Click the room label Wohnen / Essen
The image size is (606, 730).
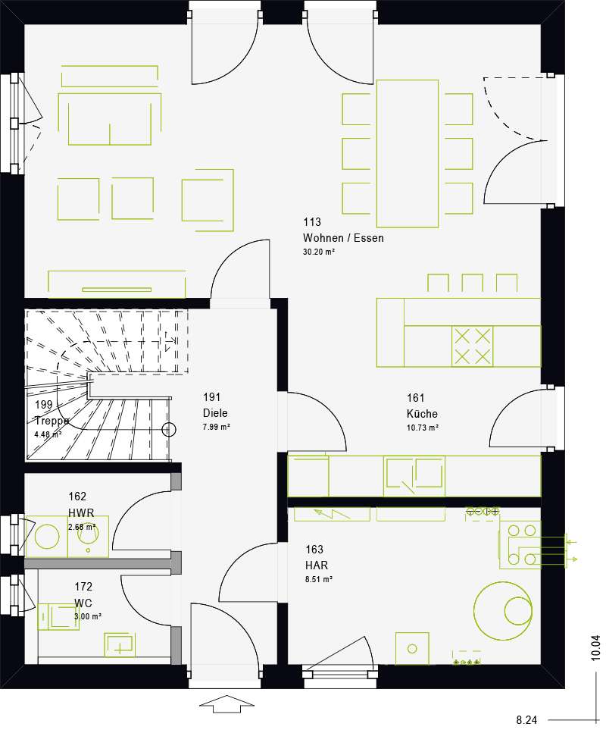point(343,238)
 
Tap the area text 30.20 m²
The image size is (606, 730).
point(319,252)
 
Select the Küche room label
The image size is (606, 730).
point(422,413)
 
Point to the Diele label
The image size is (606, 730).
point(215,413)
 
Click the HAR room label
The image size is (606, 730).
point(317,566)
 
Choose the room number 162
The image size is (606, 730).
point(77,497)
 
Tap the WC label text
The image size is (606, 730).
point(83,603)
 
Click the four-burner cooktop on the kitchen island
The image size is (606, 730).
point(472,346)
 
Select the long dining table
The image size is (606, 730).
point(408,154)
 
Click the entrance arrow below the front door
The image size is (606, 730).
point(227,703)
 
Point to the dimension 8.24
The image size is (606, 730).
point(526,720)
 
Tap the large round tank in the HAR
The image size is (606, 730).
point(503,610)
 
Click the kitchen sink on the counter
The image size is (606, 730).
point(414,475)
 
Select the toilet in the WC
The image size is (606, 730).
point(58,617)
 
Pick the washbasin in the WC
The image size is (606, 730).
point(120,644)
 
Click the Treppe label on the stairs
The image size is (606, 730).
point(52,421)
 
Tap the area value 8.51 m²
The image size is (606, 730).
point(319,580)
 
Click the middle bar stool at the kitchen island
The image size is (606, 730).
point(472,283)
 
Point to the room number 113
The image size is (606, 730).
point(312,222)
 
